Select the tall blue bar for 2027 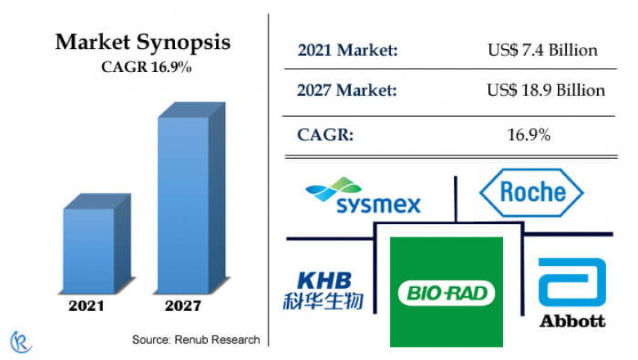click(x=184, y=205)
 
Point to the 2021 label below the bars click(x=87, y=306)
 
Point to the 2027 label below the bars click(x=182, y=306)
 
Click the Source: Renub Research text click(x=195, y=339)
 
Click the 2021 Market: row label click(x=348, y=50)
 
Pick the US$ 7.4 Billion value click(x=542, y=50)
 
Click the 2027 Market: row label click(x=348, y=90)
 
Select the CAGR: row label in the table click(x=326, y=133)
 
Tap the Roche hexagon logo click(x=531, y=192)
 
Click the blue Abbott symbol click(x=572, y=281)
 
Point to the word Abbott click(x=572, y=321)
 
